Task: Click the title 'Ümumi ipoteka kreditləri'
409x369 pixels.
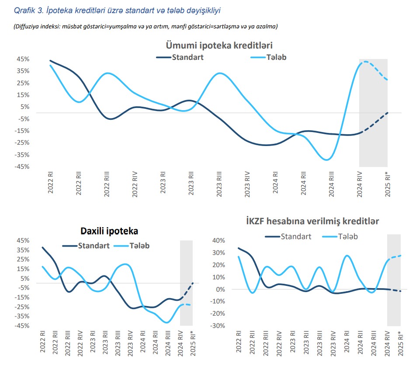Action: [x=219, y=45]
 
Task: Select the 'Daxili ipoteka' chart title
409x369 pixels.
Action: [x=109, y=230]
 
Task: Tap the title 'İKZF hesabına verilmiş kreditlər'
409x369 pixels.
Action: [x=313, y=221]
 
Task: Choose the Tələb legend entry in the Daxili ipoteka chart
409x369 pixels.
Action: [x=139, y=246]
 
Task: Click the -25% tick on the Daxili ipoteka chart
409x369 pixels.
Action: [x=22, y=307]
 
